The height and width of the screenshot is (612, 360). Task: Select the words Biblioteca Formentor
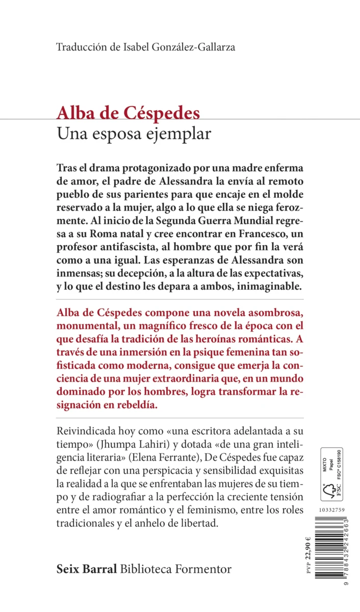176,569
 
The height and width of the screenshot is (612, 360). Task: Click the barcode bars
330,546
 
